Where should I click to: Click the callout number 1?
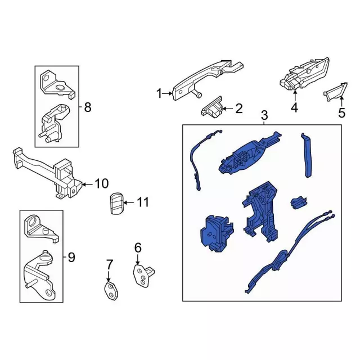[159, 94]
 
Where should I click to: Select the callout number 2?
[238, 109]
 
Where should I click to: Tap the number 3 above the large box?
[264, 115]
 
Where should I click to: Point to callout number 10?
[101, 184]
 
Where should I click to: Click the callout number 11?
[143, 202]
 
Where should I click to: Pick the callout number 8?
[88, 107]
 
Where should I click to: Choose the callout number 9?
[71, 257]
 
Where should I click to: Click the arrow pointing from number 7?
[109, 276]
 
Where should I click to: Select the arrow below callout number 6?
[138, 259]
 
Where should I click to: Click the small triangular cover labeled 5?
[336, 92]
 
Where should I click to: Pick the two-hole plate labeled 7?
[111, 291]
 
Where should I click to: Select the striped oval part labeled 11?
[117, 204]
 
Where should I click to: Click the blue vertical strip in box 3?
[307, 155]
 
